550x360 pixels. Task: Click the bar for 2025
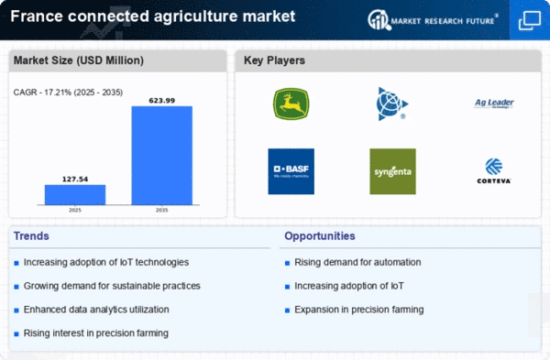click(x=75, y=194)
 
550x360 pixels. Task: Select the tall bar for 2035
click(x=161, y=155)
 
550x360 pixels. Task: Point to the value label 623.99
click(x=161, y=99)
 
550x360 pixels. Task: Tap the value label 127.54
click(x=75, y=178)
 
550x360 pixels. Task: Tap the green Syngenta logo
click(x=392, y=171)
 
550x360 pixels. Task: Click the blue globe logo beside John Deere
click(x=392, y=104)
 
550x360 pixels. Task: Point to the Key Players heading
click(x=274, y=61)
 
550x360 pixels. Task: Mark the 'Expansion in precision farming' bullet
click(x=359, y=310)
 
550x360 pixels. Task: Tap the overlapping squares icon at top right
click(x=529, y=19)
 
